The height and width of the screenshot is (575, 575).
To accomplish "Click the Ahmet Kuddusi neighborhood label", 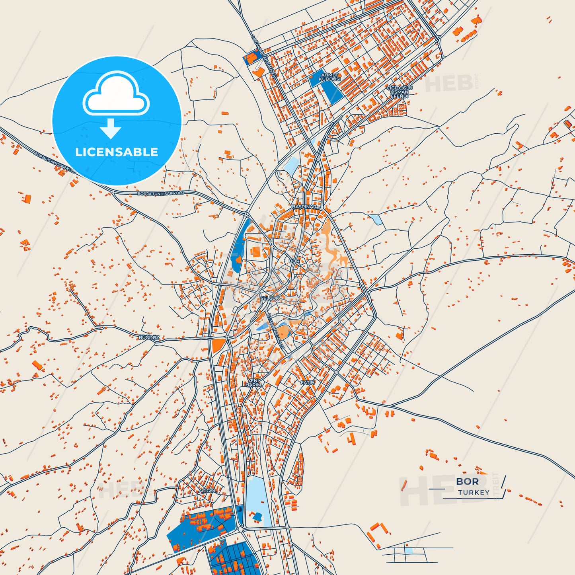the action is [x=329, y=77].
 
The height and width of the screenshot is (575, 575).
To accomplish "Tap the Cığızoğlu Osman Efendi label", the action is [x=399, y=92].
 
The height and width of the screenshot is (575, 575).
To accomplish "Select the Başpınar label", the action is [x=304, y=207].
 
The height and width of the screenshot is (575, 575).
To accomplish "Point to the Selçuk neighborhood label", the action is [x=270, y=298].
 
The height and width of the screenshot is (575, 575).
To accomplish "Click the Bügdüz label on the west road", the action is [x=149, y=337].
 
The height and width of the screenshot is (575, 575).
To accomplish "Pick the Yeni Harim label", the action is [x=253, y=383].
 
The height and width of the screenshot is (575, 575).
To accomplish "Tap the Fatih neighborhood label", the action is [x=307, y=382].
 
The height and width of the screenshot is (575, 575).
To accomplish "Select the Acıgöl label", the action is [x=207, y=491].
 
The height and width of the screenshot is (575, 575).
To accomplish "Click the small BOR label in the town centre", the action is [x=294, y=261].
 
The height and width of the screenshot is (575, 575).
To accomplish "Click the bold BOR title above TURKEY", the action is [x=467, y=481].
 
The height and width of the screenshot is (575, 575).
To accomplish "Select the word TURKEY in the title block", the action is [x=474, y=493].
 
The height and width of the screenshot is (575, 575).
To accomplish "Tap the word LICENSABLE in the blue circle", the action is [x=117, y=152].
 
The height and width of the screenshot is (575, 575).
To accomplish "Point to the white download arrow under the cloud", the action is [x=111, y=129].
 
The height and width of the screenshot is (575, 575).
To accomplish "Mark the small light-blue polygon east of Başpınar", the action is [x=376, y=220].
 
